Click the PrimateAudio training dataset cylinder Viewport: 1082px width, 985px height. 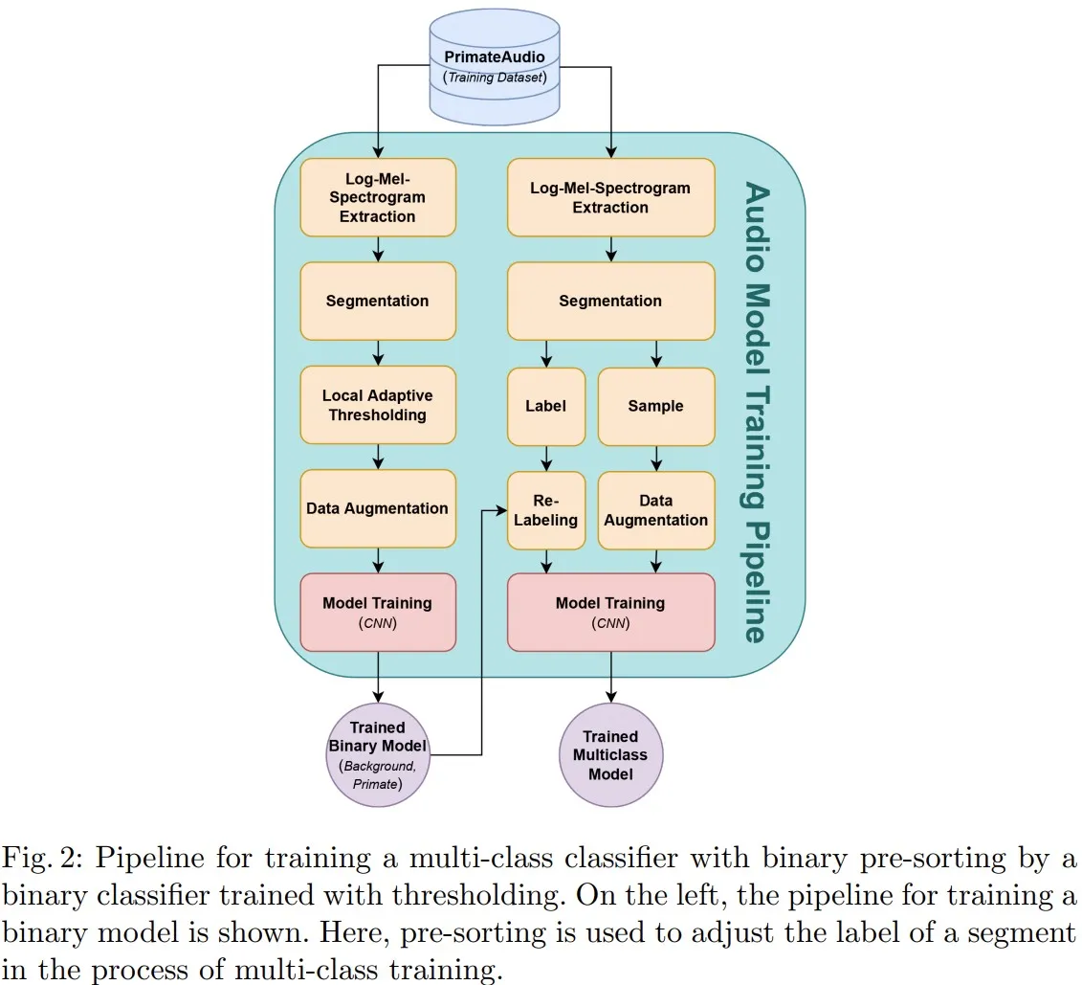[495, 67]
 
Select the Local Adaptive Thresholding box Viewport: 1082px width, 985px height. [378, 405]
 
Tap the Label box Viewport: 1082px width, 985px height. [546, 406]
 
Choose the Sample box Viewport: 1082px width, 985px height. [656, 406]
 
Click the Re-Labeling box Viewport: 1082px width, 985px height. [546, 510]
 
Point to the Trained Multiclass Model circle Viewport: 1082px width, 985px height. [610, 755]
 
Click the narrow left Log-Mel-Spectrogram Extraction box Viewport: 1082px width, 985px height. [378, 197]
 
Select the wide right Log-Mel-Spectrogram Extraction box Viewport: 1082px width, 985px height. [610, 197]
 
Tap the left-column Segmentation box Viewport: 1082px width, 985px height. [378, 301]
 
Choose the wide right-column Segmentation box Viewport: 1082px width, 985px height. [610, 301]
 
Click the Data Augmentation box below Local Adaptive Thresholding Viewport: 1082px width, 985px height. [378, 508]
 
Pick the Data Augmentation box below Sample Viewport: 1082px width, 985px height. [656, 510]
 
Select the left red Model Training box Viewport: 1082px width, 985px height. [378, 612]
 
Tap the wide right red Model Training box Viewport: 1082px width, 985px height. [610, 612]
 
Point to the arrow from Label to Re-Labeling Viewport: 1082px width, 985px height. [546, 459]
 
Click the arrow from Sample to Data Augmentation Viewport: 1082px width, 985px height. [656, 459]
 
